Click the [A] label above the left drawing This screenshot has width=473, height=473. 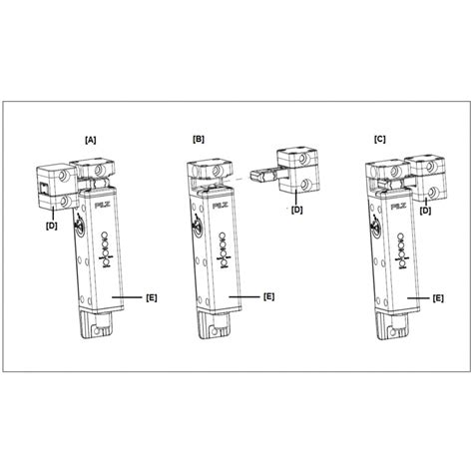(91, 140)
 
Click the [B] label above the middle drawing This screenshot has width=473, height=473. (199, 140)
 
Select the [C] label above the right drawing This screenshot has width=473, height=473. (380, 140)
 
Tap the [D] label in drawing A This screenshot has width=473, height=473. (52, 226)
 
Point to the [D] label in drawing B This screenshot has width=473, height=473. (297, 210)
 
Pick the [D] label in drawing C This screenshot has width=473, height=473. (425, 211)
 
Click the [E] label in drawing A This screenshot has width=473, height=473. (152, 297)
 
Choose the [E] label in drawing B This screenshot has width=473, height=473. (268, 296)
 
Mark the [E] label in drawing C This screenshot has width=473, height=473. (438, 298)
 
